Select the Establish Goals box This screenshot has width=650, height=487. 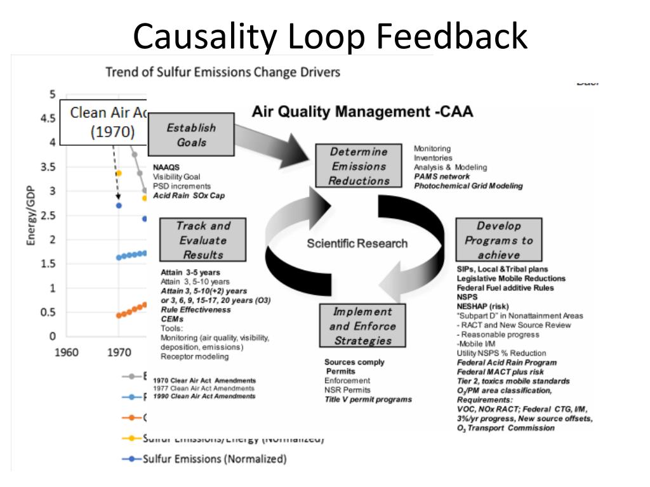click(191, 134)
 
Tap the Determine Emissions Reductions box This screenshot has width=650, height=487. click(359, 166)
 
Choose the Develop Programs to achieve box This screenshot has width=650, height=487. click(498, 240)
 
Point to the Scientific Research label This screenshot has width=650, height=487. click(357, 243)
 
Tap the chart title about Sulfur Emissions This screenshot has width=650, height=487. click(222, 72)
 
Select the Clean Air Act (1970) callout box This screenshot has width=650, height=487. click(105, 122)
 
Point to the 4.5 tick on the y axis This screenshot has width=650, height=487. click(48, 118)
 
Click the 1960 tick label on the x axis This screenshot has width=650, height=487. click(67, 353)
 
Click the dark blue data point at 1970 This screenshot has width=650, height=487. click(119, 205)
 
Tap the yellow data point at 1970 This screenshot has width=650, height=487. click(119, 172)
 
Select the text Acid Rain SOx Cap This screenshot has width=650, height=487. click(189, 195)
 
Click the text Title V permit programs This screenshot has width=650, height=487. click(368, 399)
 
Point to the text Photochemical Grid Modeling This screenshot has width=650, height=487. click(468, 186)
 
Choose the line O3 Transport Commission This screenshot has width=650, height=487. click(505, 428)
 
